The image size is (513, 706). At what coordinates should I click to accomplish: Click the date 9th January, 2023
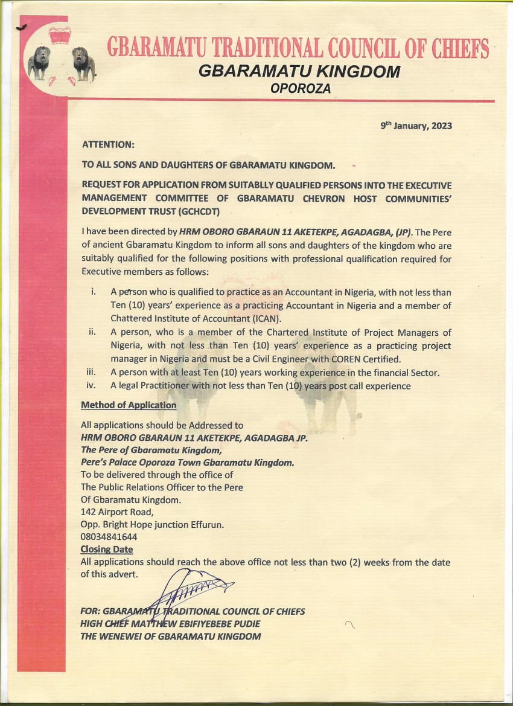click(x=416, y=126)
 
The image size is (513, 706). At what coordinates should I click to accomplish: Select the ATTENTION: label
click(x=108, y=145)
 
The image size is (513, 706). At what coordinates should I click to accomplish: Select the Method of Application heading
click(x=129, y=405)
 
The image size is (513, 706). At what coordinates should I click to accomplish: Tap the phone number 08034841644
click(x=109, y=536)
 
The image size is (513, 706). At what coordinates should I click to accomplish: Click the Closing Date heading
click(x=107, y=550)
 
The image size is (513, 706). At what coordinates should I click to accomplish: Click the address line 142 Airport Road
click(x=117, y=512)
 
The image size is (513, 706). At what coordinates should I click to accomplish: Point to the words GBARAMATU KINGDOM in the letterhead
click(x=299, y=71)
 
